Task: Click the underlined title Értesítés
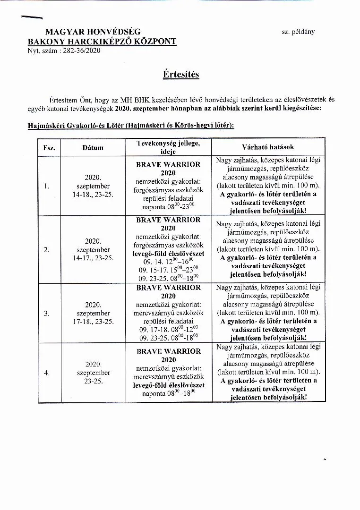(x=180, y=75)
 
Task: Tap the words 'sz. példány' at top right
(x=298, y=32)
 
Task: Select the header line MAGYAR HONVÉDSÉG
(x=93, y=32)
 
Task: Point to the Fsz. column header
(x=49, y=148)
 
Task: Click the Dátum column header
(x=93, y=148)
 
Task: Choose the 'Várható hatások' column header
(x=268, y=147)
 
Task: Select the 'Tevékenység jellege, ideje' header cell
(x=168, y=147)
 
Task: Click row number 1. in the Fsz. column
(x=47, y=186)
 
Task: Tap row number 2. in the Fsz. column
(x=47, y=250)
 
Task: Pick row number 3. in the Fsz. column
(x=47, y=313)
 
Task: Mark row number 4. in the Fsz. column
(x=47, y=373)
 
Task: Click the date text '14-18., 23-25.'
(x=93, y=194)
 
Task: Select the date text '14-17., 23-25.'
(x=93, y=258)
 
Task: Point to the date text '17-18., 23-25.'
(x=93, y=322)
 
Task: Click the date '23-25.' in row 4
(x=94, y=381)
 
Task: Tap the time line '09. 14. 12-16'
(x=168, y=260)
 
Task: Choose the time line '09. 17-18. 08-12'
(x=168, y=329)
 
